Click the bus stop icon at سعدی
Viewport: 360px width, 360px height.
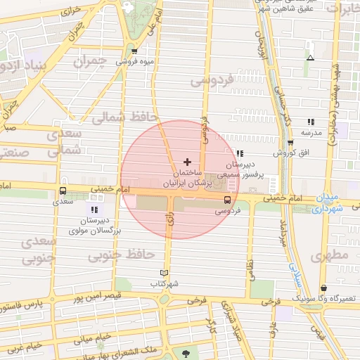point(63,190)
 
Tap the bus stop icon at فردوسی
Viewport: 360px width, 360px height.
point(226,200)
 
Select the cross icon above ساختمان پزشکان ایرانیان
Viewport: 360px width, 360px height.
point(187,162)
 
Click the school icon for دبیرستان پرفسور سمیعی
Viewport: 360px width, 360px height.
point(240,153)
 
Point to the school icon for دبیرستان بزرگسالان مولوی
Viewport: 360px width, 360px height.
point(94,210)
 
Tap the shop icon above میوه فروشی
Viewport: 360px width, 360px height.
point(134,51)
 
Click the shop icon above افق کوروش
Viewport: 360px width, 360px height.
point(290,143)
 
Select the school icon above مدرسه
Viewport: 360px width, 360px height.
point(311,122)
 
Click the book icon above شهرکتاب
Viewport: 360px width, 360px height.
point(165,273)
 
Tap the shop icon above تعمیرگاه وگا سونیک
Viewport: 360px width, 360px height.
point(323,288)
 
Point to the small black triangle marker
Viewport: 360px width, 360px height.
point(310,58)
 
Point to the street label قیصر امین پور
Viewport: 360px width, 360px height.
point(95,296)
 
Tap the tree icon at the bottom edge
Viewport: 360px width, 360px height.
point(186,354)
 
